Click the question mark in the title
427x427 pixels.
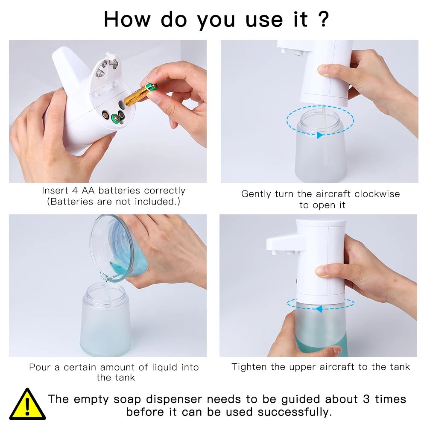(x=324, y=19)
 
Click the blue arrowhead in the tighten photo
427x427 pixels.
(x=319, y=309)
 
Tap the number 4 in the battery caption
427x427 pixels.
(x=75, y=190)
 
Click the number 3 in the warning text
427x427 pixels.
(x=366, y=399)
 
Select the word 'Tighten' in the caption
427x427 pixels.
(x=249, y=367)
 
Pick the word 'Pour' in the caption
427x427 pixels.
(x=40, y=367)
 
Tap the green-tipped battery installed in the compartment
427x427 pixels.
(x=116, y=118)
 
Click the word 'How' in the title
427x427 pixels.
(x=127, y=19)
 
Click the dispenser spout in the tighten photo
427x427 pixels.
(x=283, y=244)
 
